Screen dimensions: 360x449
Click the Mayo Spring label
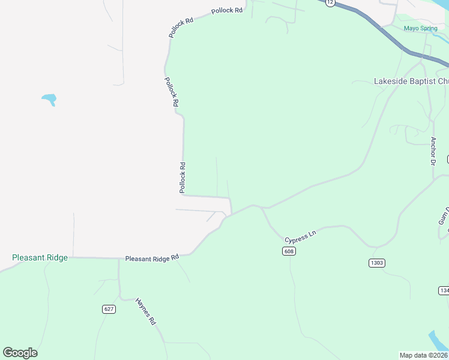[x=420, y=28]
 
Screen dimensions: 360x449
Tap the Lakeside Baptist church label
[x=411, y=81]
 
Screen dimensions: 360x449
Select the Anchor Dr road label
[x=433, y=151]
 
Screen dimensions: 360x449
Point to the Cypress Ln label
[x=300, y=236]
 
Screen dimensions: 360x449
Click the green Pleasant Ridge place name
[x=40, y=257]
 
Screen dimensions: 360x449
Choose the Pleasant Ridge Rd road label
[x=152, y=258]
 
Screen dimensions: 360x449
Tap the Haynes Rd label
[x=146, y=311]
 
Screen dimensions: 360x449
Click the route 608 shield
[x=289, y=251]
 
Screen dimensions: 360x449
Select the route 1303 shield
[x=376, y=263]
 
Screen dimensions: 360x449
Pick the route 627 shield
[x=109, y=309]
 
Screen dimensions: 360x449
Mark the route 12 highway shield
[x=330, y=2]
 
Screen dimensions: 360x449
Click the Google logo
[x=20, y=353]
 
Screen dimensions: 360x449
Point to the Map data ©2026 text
[x=424, y=355]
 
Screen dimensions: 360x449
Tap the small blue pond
[x=49, y=98]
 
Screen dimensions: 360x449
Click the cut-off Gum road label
[x=443, y=215]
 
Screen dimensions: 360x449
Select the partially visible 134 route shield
[x=444, y=290]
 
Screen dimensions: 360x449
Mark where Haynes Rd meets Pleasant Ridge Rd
[x=119, y=259]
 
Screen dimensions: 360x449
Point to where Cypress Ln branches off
[x=262, y=208]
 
